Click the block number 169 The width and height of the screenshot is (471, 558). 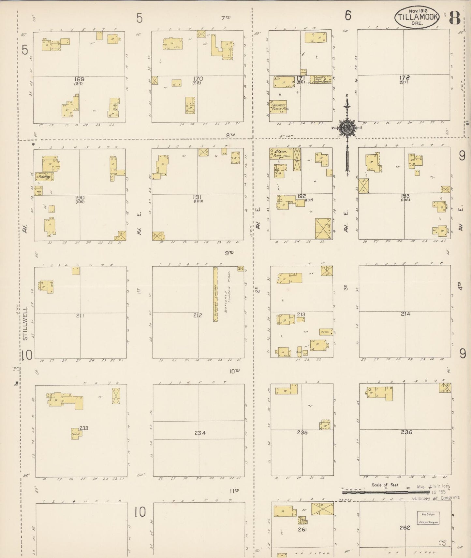(79, 79)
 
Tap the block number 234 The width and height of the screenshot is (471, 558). (200, 433)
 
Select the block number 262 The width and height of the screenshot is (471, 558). (405, 527)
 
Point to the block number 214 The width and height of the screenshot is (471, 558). (405, 314)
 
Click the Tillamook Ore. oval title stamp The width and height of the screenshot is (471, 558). (417, 17)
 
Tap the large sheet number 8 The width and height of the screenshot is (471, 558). (455, 18)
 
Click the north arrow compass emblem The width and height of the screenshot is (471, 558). (346, 128)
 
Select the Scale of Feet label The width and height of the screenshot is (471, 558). (385, 485)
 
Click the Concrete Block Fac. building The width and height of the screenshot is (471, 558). (278, 106)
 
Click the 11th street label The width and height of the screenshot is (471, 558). (234, 490)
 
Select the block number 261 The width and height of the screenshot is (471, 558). (302, 529)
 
